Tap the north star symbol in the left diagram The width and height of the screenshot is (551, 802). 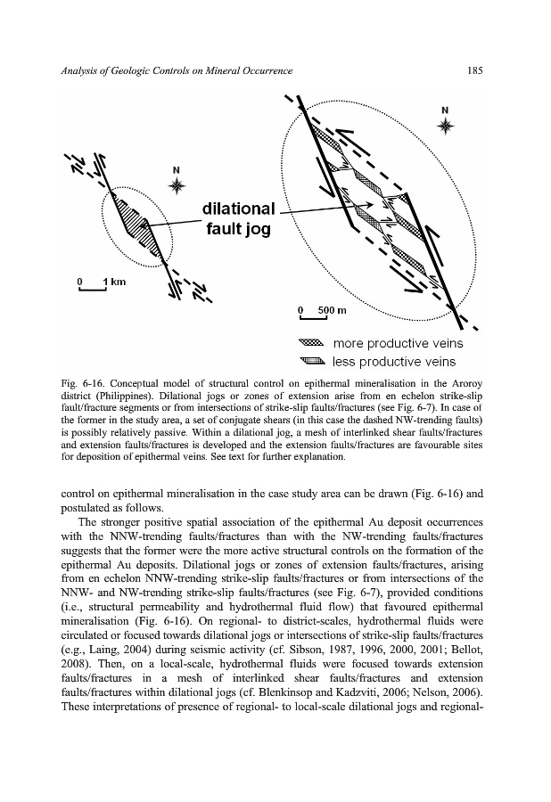(x=177, y=184)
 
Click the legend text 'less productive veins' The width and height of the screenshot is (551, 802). (x=393, y=361)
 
